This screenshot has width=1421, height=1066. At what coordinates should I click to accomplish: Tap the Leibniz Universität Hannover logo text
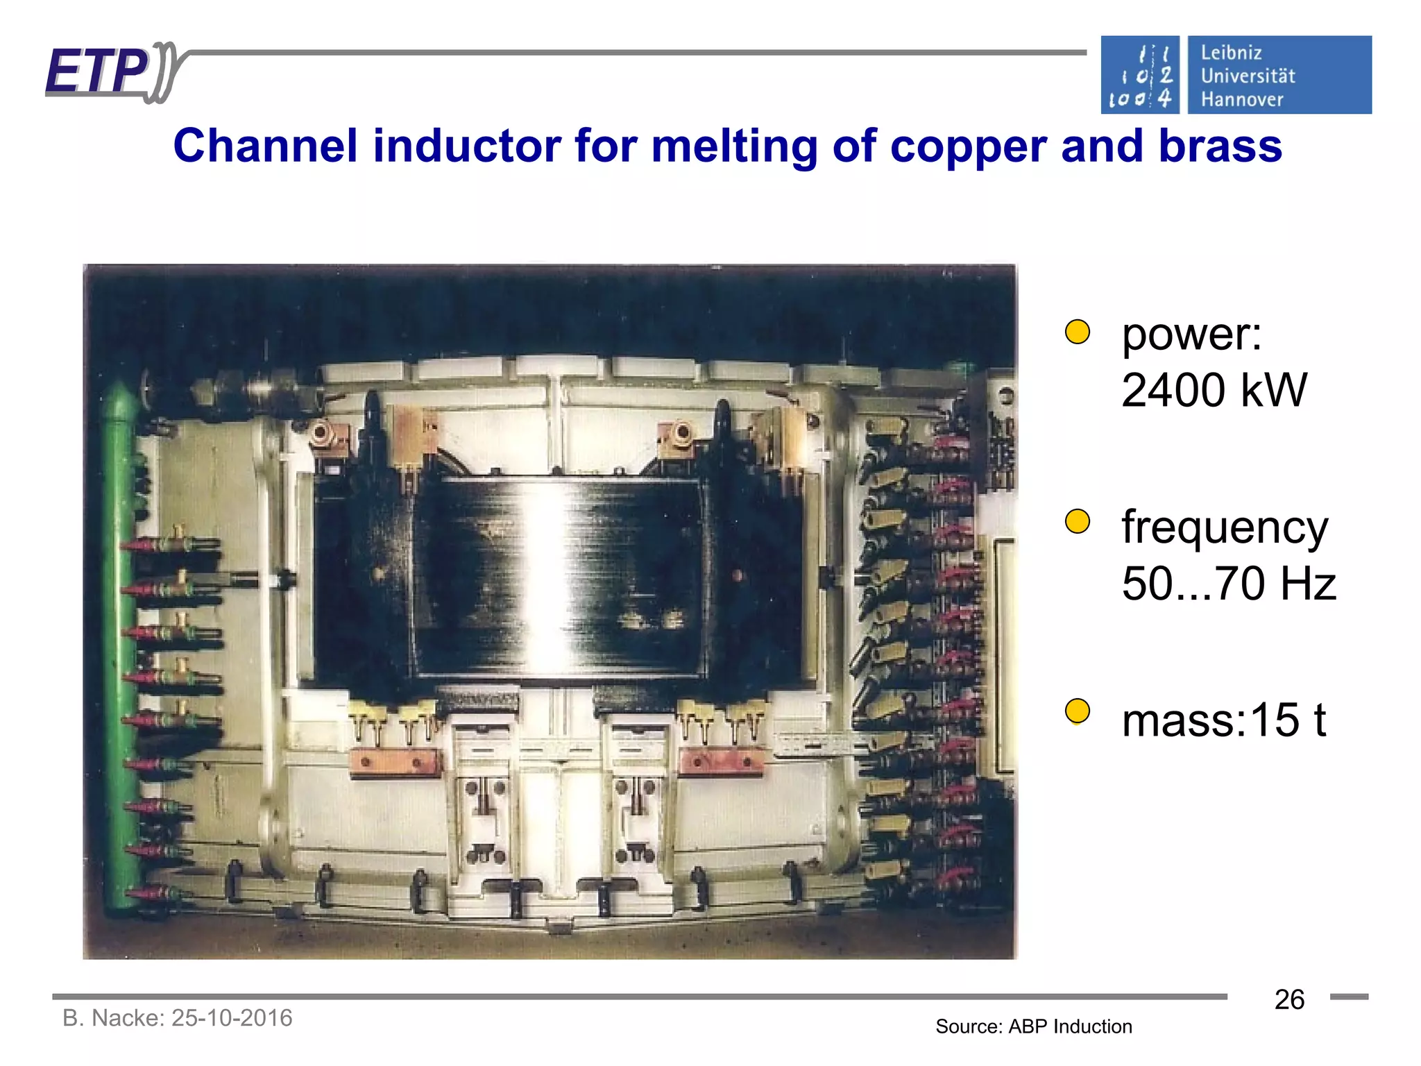click(x=1247, y=76)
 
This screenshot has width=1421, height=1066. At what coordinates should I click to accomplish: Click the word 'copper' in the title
click(x=969, y=146)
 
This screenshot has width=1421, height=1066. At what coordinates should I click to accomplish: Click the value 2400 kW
click(x=1214, y=390)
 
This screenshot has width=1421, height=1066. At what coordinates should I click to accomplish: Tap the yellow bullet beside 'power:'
click(x=1078, y=332)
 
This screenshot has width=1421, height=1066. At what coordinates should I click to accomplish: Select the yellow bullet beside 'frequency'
click(x=1078, y=521)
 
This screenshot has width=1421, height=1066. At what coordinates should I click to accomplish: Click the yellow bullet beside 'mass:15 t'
click(x=1078, y=711)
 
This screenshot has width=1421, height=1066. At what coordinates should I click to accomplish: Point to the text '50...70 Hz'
click(x=1228, y=583)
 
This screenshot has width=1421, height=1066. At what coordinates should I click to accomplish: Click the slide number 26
click(x=1289, y=999)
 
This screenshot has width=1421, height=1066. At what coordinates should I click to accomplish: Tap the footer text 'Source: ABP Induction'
click(x=1033, y=1026)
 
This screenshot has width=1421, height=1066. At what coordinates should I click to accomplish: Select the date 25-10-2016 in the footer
click(x=232, y=1018)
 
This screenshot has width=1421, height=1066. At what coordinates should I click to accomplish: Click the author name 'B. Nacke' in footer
click(x=112, y=1018)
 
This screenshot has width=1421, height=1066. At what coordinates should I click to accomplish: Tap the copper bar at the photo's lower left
click(x=395, y=762)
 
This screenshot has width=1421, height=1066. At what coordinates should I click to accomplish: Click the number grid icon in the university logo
click(x=1140, y=76)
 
